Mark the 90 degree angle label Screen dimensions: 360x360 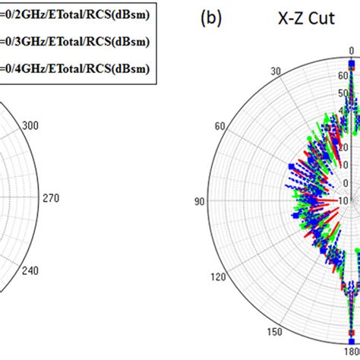200,201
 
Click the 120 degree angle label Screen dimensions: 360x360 218,278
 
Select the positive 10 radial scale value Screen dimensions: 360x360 343,165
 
